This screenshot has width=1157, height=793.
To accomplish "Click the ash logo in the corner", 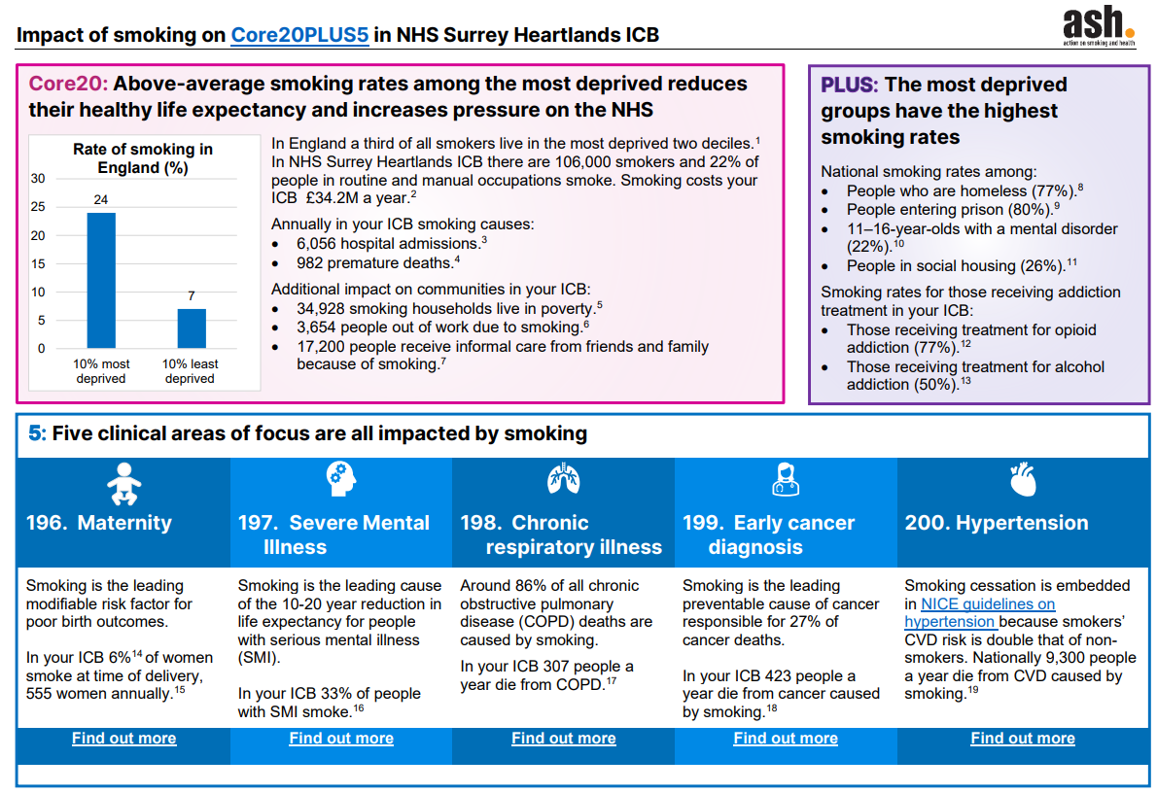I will [1098, 26].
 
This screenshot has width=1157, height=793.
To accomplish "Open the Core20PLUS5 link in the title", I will [299, 36].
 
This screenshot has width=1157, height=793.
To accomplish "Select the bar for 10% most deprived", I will [101, 280].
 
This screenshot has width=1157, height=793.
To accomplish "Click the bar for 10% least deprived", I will [191, 328].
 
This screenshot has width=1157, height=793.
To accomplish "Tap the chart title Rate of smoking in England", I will [143, 158].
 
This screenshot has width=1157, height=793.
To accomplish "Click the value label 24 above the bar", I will [101, 200].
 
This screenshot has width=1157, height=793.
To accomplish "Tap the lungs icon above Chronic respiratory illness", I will [563, 479].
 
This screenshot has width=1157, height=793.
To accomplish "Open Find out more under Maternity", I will [123, 739].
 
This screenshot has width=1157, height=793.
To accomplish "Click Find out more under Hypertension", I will [1023, 739].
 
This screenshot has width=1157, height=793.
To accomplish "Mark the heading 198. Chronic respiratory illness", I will [561, 534].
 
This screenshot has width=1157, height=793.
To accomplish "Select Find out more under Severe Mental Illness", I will [341, 739].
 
